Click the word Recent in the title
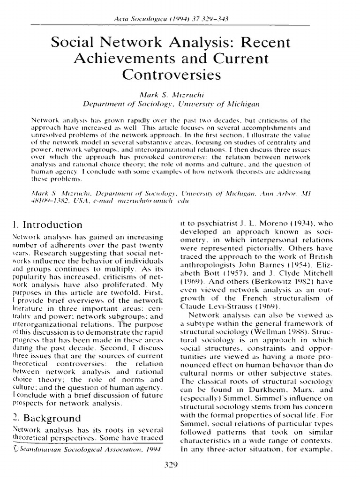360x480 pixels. pos(270,44)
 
